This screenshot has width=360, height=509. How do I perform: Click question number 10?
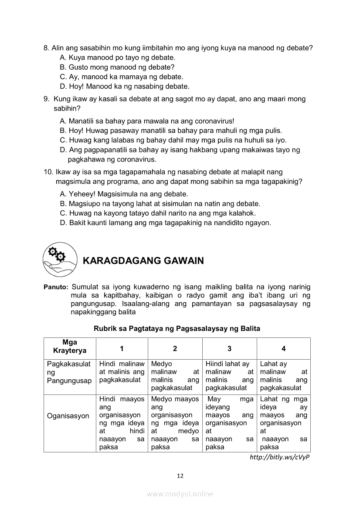[48, 172]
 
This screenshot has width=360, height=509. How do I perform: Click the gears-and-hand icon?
[59, 260]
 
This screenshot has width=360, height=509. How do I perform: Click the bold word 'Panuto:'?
[56, 287]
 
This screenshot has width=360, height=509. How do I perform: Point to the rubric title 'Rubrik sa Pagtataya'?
[177, 329]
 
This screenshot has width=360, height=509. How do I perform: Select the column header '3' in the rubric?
[229, 348]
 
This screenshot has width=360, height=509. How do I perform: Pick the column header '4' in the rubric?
[284, 348]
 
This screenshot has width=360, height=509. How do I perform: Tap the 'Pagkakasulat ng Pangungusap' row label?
[69, 372]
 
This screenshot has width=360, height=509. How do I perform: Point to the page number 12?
[180, 476]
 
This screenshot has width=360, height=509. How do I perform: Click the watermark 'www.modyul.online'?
[180, 494]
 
